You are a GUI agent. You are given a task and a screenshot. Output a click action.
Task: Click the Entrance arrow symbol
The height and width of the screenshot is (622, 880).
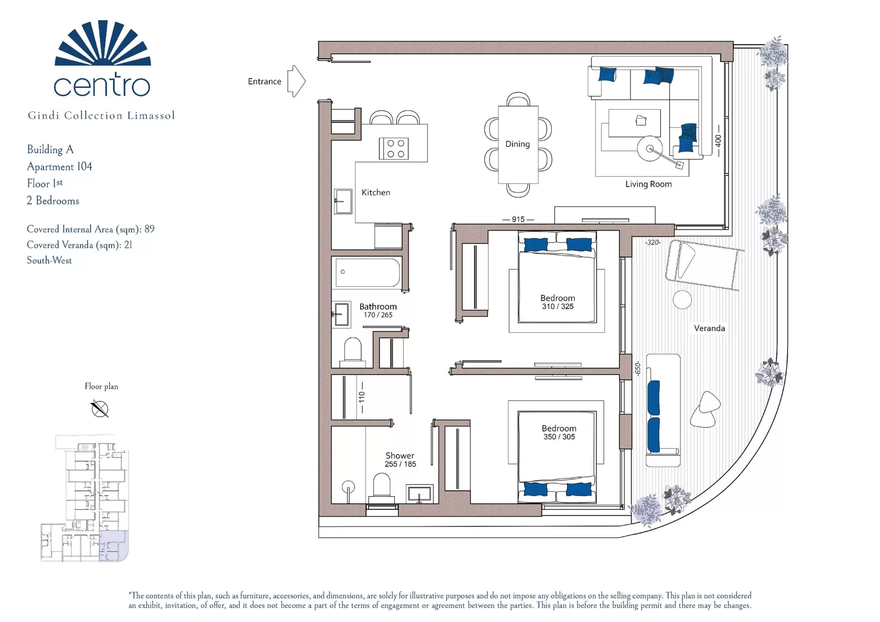tap(296, 81)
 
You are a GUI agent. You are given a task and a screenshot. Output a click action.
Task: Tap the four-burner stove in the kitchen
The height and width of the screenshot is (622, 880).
tap(394, 148)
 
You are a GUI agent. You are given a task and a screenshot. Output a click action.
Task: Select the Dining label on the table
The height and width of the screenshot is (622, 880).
tap(517, 144)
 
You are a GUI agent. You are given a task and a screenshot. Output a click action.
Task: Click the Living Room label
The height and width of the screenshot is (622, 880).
tap(649, 184)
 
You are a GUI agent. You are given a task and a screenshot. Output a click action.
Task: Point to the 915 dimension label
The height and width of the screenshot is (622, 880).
tap(518, 219)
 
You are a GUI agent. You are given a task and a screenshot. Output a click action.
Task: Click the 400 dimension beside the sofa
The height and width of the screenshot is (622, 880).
tap(718, 140)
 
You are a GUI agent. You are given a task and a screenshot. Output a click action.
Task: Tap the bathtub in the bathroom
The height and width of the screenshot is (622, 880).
tap(367, 273)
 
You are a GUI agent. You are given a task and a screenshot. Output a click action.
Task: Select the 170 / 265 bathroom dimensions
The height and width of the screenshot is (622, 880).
tap(378, 315)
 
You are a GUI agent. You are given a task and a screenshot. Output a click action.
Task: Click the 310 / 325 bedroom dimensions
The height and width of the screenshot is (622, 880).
tap(558, 307)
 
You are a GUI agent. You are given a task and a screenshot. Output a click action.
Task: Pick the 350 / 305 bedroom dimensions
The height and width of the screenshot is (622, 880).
tap(559, 437)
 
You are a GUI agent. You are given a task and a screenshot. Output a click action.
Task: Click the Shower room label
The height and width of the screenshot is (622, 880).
tap(400, 456)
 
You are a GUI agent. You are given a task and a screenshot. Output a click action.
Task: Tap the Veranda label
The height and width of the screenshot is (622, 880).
tap(709, 329)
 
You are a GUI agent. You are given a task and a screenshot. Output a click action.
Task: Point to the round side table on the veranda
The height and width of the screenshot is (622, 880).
tap(682, 299)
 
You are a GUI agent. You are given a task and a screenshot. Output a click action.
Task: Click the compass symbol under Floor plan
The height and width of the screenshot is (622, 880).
tap(100, 409)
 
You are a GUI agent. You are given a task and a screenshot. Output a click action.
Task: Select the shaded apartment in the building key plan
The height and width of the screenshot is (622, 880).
tap(113, 546)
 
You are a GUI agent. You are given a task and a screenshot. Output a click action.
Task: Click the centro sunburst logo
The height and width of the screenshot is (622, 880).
tap(103, 43)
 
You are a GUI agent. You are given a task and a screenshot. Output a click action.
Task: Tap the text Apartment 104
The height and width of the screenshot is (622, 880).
tap(59, 167)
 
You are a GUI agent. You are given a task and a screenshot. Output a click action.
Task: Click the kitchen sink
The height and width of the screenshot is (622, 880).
tap(343, 201)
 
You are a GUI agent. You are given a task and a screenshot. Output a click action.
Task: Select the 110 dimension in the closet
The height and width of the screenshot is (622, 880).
tap(361, 397)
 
